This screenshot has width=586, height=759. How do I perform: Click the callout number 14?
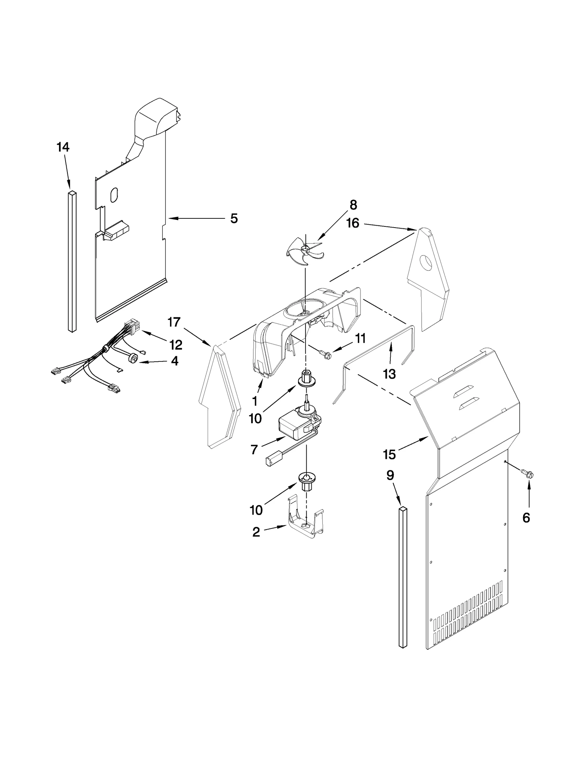(63, 147)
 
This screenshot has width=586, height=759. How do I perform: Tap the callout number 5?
(234, 219)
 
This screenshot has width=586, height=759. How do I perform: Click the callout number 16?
(353, 223)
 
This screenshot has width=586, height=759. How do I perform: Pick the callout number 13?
(389, 374)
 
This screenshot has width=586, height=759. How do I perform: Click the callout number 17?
(174, 322)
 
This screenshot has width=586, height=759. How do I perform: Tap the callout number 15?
(389, 455)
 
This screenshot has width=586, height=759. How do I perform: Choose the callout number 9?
(390, 475)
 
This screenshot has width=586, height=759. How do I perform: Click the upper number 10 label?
(255, 418)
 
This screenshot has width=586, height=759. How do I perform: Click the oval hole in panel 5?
(114, 195)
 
